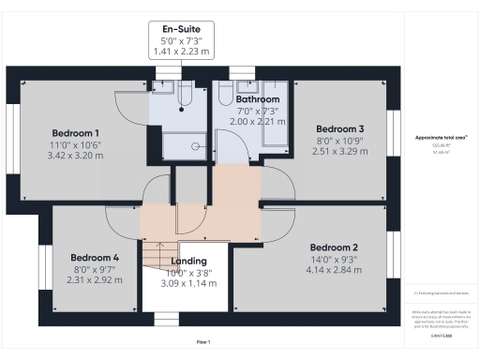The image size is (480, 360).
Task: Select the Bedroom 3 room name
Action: pos(339,128)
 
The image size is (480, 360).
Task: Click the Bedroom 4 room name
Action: pos(95,257)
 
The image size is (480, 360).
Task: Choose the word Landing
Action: pos(189,262)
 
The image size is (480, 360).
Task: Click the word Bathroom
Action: pos(258,98)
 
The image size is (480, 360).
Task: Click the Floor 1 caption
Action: pos(202,341)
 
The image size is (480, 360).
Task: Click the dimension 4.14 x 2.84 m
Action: pos(335,269)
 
